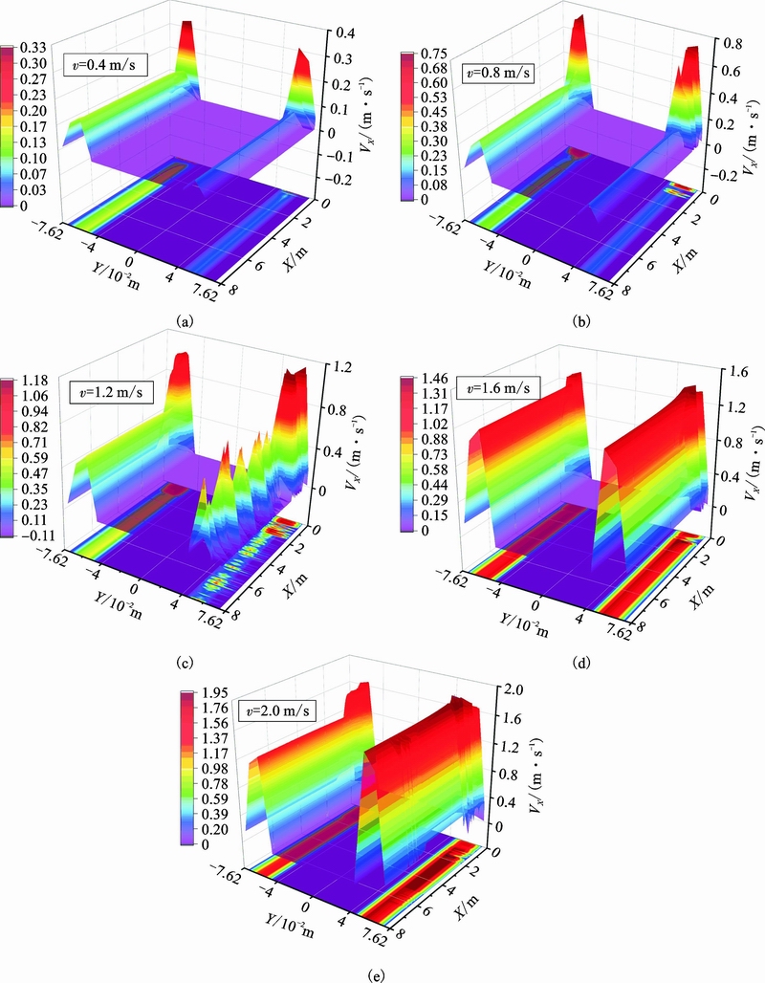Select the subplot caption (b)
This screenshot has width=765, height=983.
(x=579, y=323)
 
